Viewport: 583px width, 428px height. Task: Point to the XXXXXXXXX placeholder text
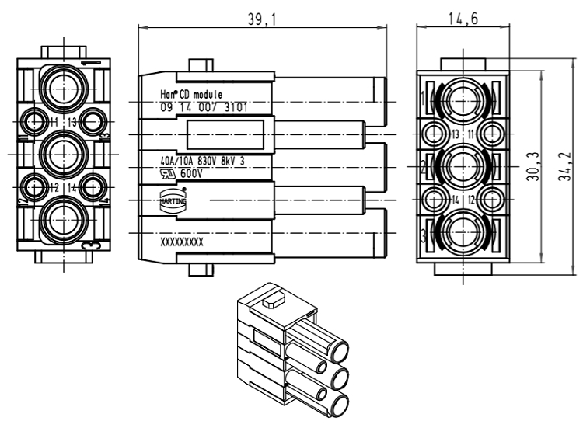pos(182,242)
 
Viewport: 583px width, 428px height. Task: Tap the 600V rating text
pos(190,173)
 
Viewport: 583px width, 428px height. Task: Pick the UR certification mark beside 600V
pos(166,173)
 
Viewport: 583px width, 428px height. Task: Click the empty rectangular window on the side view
pos(225,134)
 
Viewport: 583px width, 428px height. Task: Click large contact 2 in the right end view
pos(463,167)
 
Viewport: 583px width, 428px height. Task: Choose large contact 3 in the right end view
pos(463,234)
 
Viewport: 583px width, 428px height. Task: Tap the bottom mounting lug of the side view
pos(201,272)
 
